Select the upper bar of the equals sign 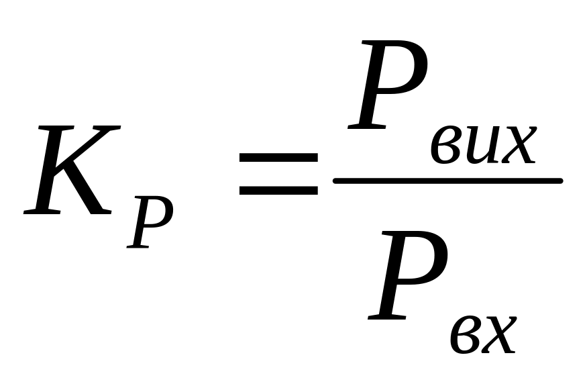[278, 157]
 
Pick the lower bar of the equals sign [278, 190]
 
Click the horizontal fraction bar [447, 181]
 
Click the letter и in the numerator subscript [482, 145]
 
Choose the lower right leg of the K [91, 195]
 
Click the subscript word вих [482, 145]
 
